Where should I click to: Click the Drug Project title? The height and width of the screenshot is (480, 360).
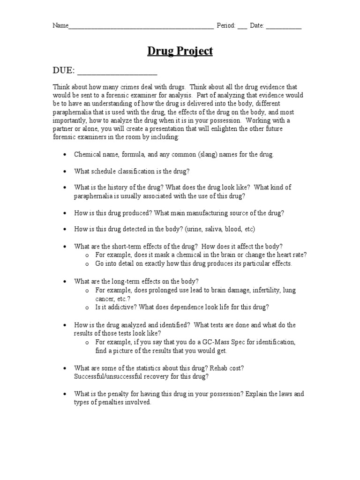coord(180,51)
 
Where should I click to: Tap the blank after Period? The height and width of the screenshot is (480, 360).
coord(242,27)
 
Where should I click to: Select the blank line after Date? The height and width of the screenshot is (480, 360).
coord(284,27)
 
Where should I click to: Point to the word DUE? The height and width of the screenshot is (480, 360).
coord(63,71)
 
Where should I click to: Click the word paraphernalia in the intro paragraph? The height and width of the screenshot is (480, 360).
coord(75,112)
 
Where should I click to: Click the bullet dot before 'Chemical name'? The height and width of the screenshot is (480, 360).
coord(64,155)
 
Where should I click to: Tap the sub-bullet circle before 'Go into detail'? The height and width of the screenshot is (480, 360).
coord(87,264)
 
